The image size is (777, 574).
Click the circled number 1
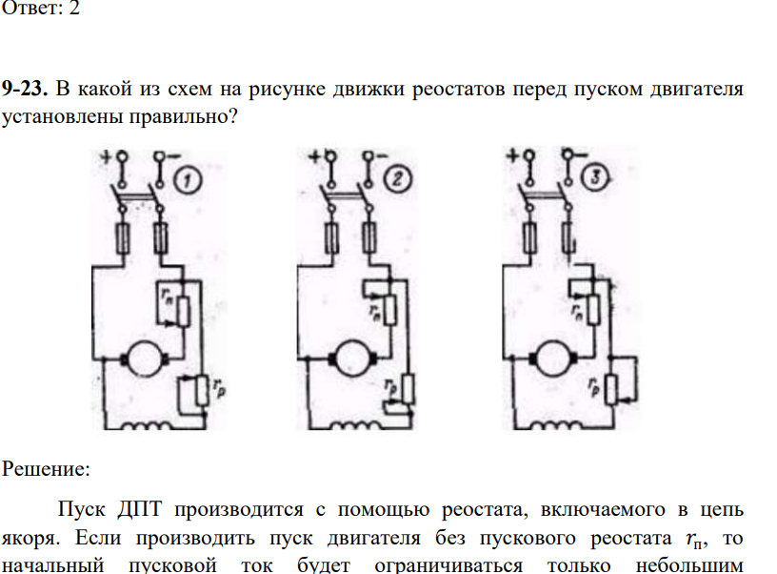(189, 180)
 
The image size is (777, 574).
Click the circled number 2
(398, 178)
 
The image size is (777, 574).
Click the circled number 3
(595, 176)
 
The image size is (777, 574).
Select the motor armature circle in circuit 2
(352, 358)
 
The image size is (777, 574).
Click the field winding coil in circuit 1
(148, 425)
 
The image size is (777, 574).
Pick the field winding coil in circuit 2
(355, 425)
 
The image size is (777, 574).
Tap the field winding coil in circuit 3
(556, 425)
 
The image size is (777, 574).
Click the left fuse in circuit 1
(123, 239)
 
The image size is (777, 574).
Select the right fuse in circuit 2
(369, 238)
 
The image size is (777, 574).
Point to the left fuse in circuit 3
(529, 237)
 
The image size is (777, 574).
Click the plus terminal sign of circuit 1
(107, 157)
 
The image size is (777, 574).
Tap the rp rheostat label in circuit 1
(219, 387)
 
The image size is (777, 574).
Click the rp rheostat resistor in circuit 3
(611, 390)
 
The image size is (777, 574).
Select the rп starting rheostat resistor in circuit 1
(184, 312)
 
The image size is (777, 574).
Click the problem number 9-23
(25, 89)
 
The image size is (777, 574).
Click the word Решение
(46, 469)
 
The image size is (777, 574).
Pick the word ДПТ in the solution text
(140, 509)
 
